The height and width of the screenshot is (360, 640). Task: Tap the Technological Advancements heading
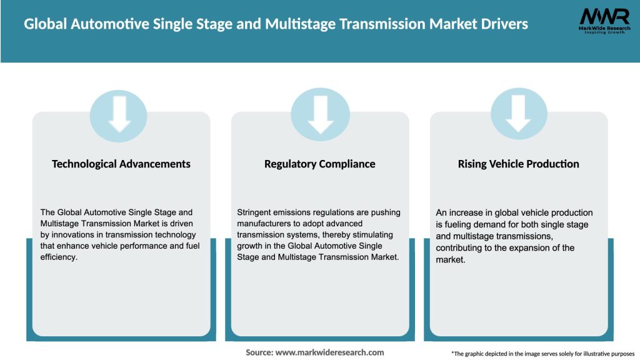tap(121, 164)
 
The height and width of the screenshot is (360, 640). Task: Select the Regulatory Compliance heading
tap(320, 164)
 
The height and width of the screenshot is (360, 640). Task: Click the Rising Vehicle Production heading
tap(519, 164)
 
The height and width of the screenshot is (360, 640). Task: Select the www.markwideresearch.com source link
tap(329, 352)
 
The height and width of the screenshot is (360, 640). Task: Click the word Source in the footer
tap(258, 352)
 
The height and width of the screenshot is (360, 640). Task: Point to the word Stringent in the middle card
tap(256, 212)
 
